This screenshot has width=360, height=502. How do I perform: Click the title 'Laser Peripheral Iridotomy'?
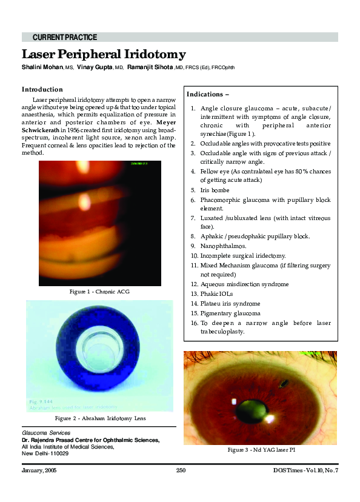click(x=104, y=54)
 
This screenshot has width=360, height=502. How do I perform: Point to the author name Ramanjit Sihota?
click(x=150, y=68)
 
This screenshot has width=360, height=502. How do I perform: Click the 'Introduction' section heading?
click(x=42, y=89)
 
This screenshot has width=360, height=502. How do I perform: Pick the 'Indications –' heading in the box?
click(x=208, y=95)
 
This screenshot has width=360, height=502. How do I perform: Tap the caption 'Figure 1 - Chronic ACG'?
click(x=100, y=292)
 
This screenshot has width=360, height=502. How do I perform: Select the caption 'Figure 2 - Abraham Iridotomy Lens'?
click(x=100, y=418)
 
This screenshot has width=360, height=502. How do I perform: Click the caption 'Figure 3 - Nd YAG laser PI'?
click(x=260, y=450)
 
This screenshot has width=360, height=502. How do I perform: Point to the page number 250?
click(x=181, y=470)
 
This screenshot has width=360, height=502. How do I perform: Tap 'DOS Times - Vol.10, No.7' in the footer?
click(x=305, y=470)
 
